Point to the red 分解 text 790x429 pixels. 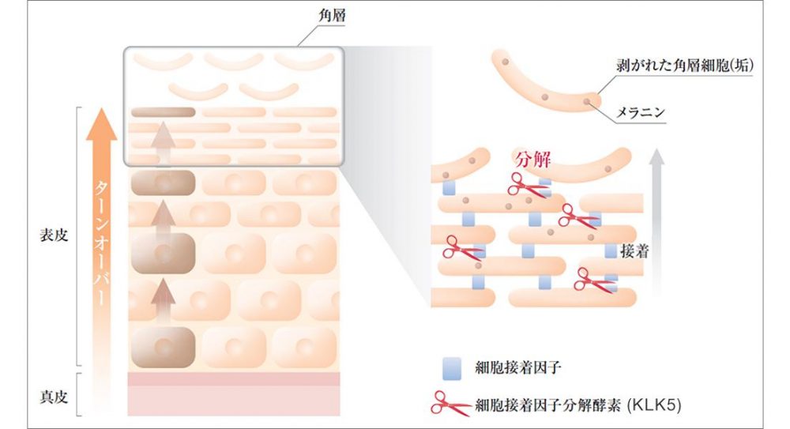(532, 159)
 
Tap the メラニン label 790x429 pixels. (639, 114)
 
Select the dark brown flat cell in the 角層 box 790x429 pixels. (163, 111)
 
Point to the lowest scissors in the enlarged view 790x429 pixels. (594, 279)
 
